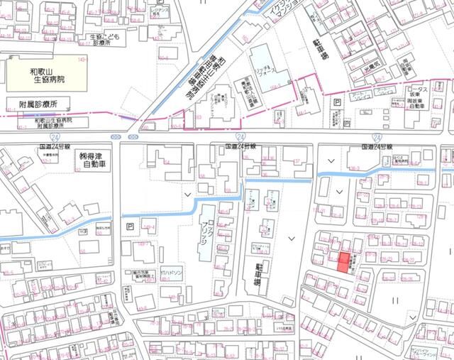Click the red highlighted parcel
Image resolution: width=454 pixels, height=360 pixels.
(344, 263)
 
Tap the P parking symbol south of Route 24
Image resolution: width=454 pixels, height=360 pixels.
(130, 227)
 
